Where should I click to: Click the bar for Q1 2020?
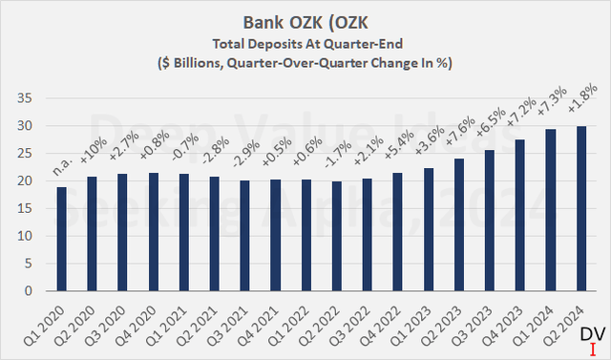click(62, 239)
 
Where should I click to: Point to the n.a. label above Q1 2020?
click(63, 169)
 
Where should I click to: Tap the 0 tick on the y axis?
click(30, 291)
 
